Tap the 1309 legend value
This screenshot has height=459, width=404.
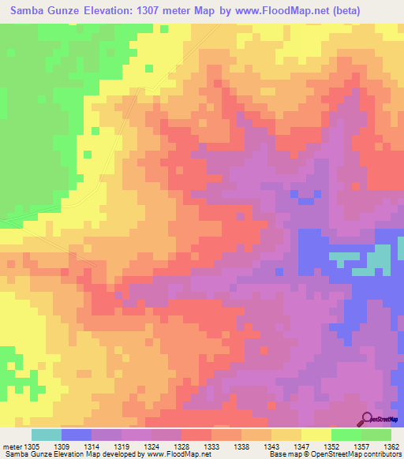tap(75, 446)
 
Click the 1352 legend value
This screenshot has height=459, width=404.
tap(345, 446)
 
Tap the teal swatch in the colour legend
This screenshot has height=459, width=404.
tap(47, 435)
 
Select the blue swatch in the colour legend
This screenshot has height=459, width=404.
tap(77, 435)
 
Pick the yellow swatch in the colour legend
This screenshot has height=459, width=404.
tap(316, 435)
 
